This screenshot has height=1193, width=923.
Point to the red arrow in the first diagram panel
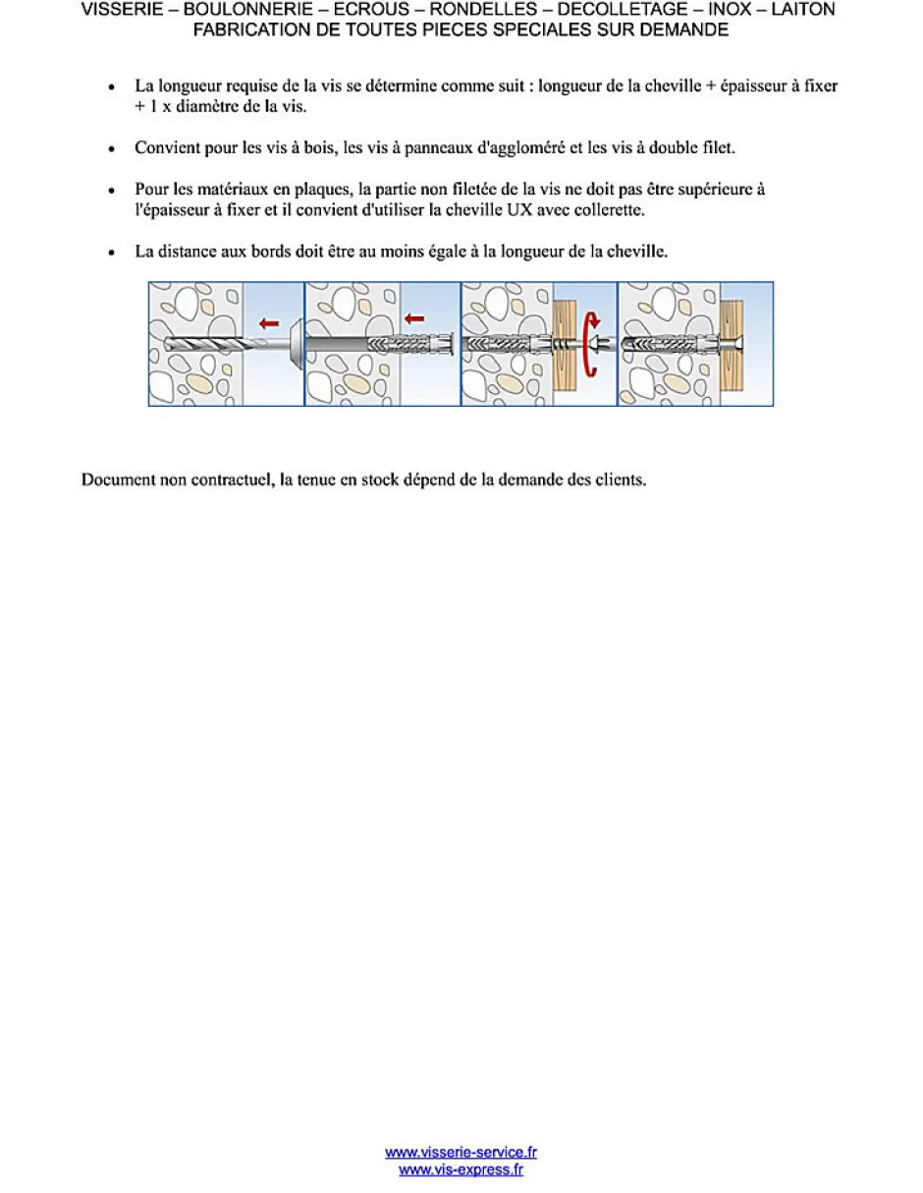point(267,322)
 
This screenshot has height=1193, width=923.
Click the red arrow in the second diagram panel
point(416,318)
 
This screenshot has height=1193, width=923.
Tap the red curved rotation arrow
point(591,343)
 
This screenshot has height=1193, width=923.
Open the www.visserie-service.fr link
point(461,1153)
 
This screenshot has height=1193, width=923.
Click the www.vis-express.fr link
point(461,1169)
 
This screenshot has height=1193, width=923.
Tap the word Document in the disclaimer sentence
point(119,481)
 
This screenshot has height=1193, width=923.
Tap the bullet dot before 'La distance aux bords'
point(113,253)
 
